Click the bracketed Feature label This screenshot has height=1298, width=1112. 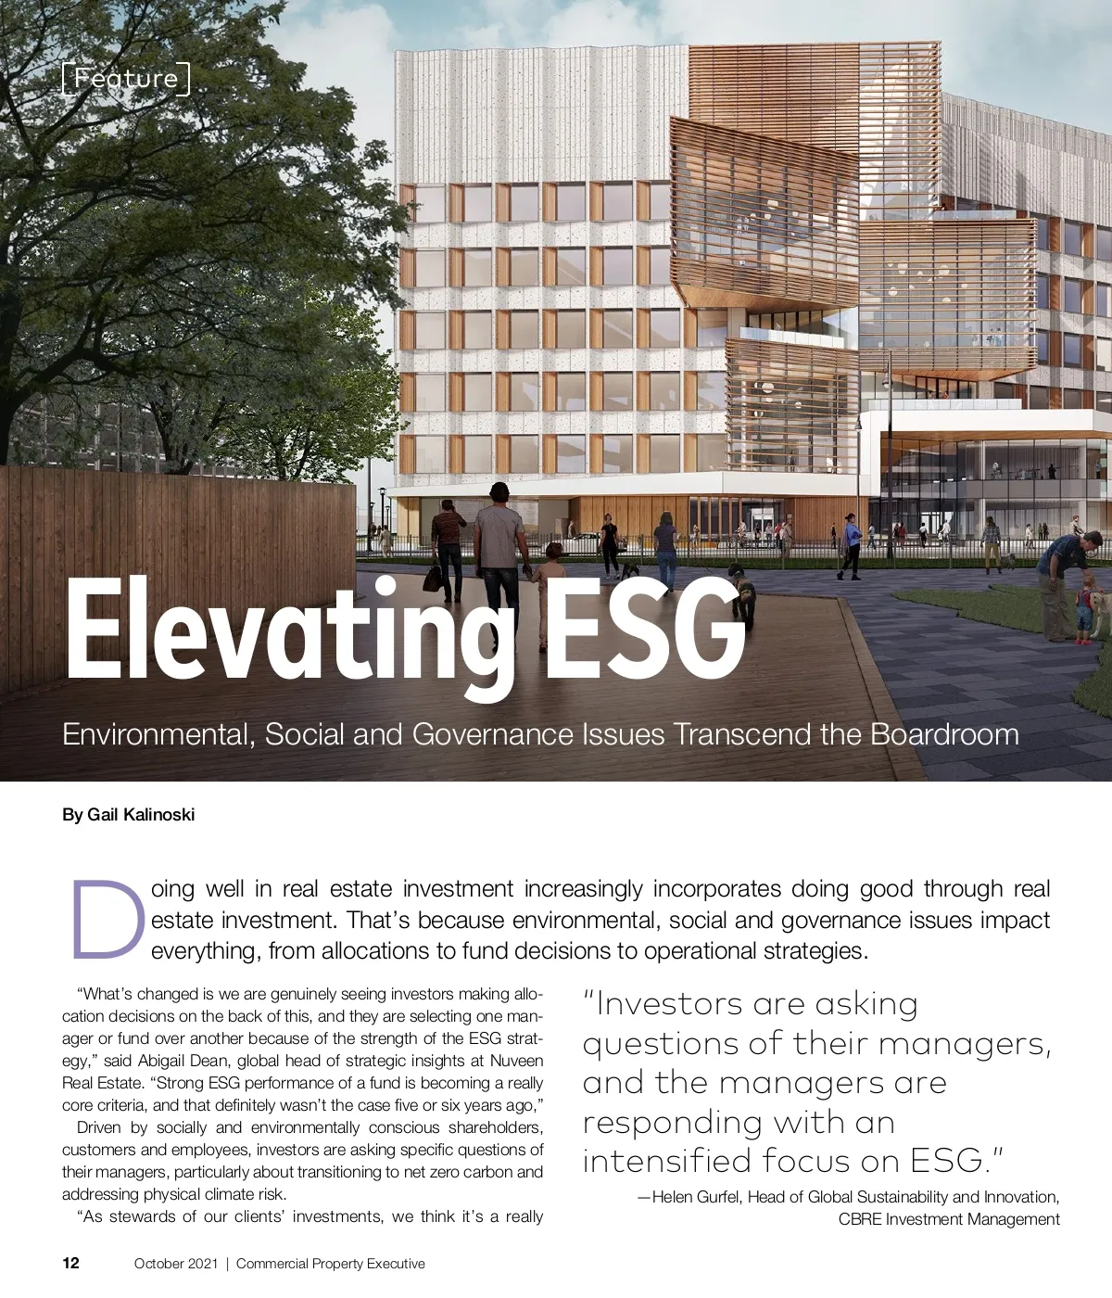pos(126,79)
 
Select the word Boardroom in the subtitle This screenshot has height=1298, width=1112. pos(944,734)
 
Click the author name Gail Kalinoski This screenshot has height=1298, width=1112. pos(141,815)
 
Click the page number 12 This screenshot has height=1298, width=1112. pos(71,1263)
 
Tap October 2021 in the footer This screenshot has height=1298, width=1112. pos(176,1264)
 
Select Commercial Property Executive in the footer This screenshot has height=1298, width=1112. pos(331,1264)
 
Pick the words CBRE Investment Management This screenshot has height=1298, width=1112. pos(949,1219)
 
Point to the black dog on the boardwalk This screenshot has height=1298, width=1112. pos(741,593)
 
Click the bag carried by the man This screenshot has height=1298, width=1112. pos(433,578)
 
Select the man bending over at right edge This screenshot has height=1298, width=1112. pos(1061,584)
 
